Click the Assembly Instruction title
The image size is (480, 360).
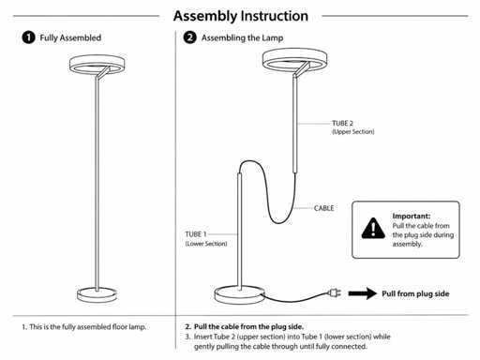tap(241, 16)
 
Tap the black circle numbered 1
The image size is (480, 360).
tap(28, 37)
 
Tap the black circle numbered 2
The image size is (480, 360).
tap(189, 37)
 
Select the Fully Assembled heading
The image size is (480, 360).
tap(70, 37)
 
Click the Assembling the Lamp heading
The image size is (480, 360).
tap(242, 38)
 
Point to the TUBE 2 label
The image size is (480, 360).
tap(342, 123)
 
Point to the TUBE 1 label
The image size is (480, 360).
tap(196, 234)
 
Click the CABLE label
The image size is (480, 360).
tap(323, 208)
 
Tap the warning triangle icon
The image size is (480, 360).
tap(373, 229)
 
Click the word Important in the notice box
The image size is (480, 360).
tap(412, 216)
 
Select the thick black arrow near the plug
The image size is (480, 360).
tap(363, 293)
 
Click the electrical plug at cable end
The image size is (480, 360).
tap(334, 293)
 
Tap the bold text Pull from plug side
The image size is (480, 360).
tap(415, 293)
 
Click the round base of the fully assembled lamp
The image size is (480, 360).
tap(97, 294)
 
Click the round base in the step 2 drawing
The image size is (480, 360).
tap(239, 295)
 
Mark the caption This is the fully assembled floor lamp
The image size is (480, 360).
tap(84, 327)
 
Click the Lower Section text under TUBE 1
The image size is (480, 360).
tap(206, 244)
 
